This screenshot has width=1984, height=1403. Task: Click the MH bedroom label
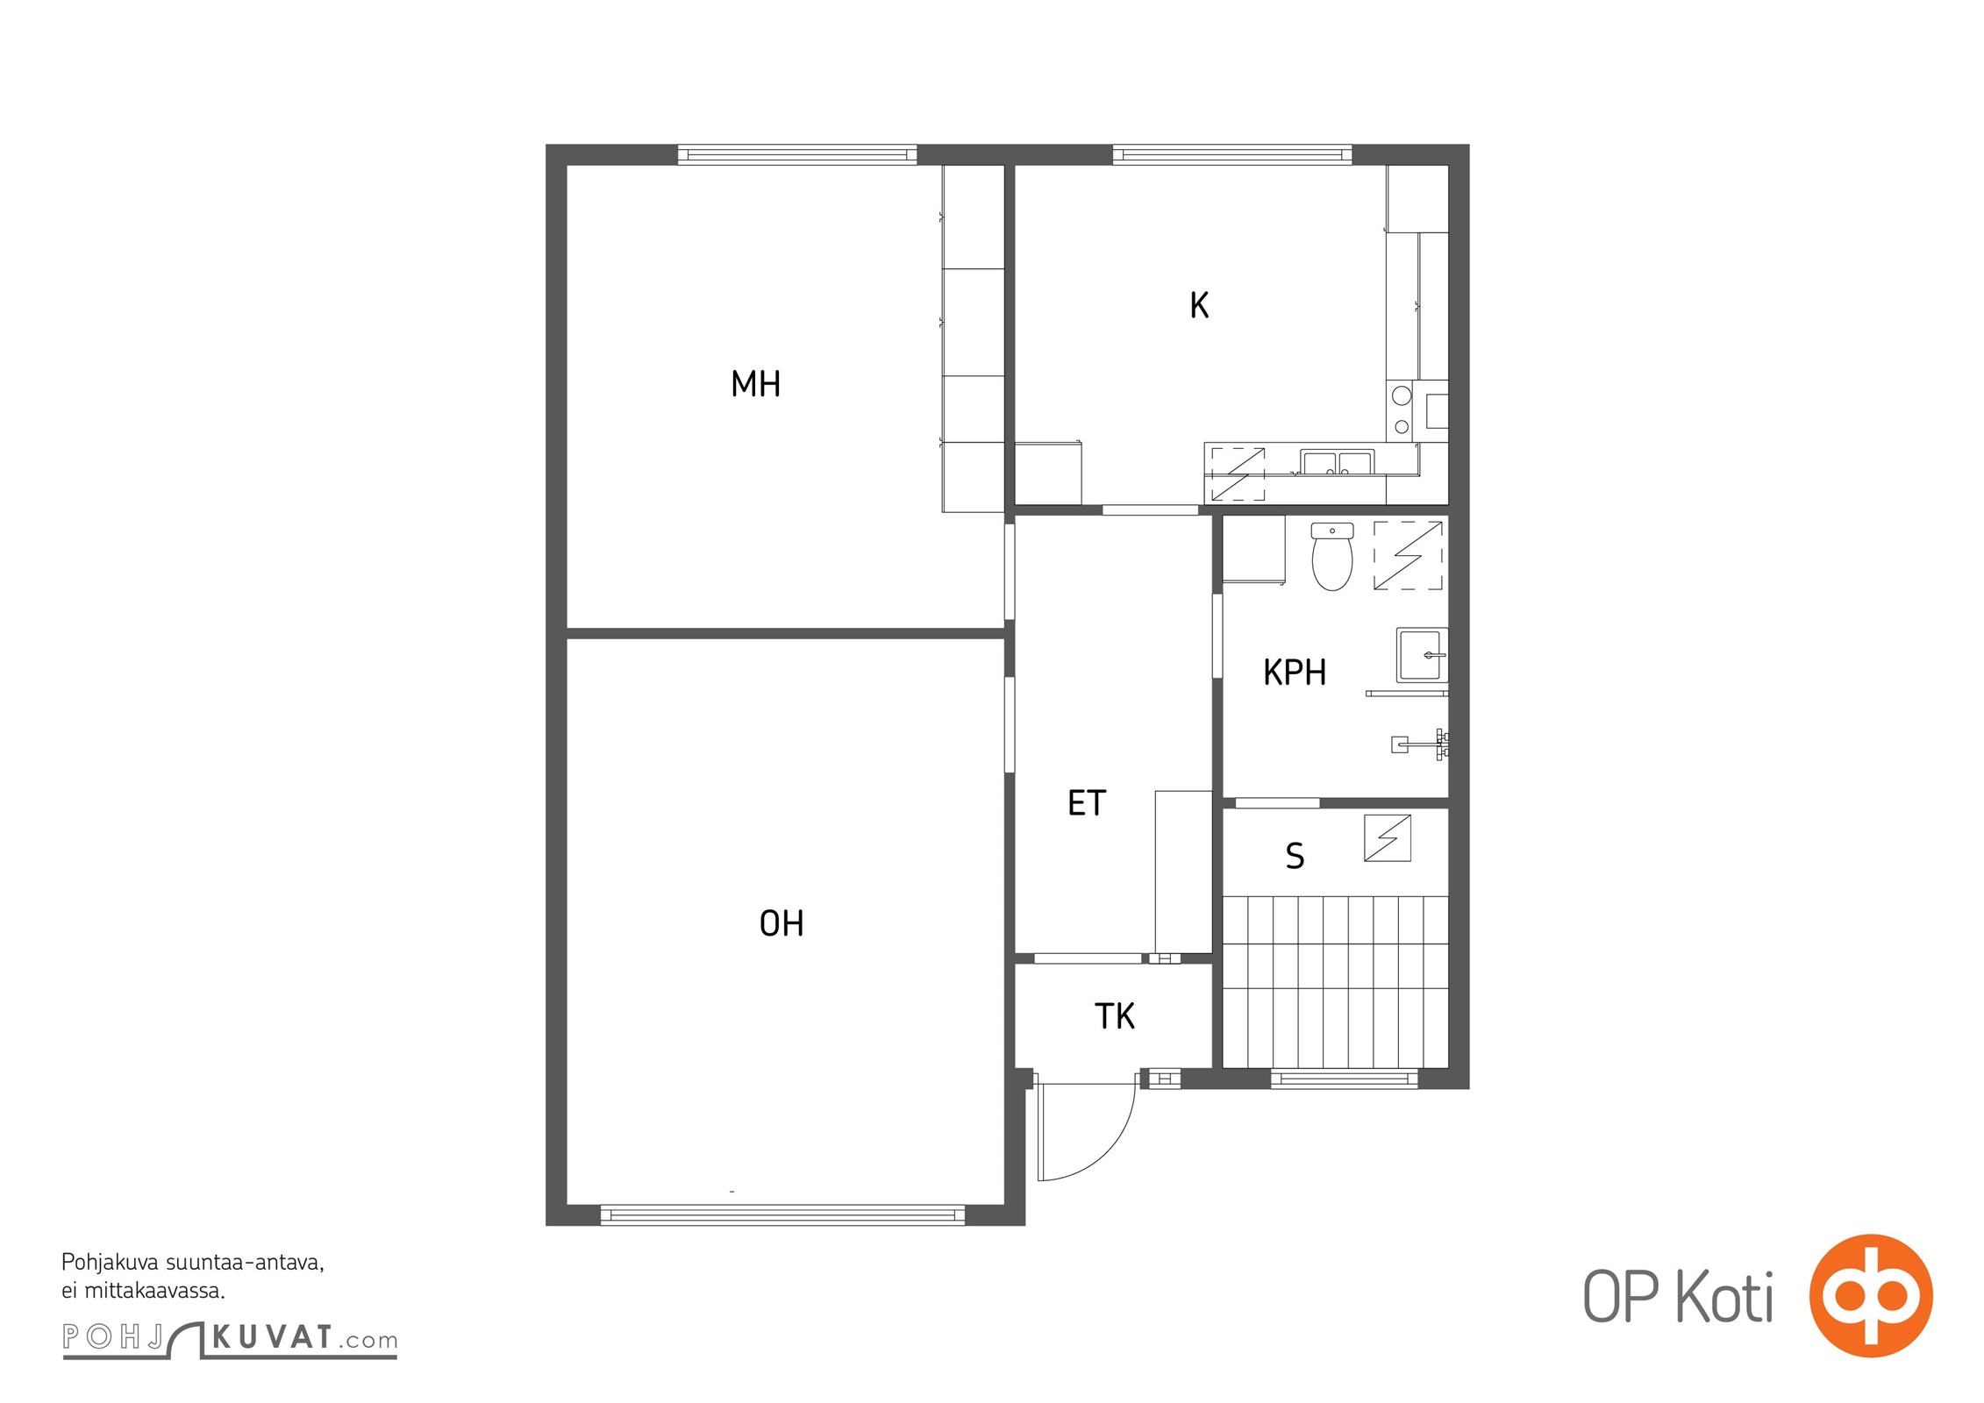point(755,384)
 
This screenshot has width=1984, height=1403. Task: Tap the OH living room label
point(781,923)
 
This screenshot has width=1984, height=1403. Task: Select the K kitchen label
point(1199,305)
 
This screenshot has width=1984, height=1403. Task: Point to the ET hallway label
point(1087,803)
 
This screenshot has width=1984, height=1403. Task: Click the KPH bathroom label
point(1295,673)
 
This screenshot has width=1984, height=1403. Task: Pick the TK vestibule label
point(1115,1016)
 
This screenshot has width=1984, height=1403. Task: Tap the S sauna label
point(1295,856)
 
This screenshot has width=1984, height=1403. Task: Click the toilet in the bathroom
point(1332,556)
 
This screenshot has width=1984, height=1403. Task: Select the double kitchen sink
point(1337,462)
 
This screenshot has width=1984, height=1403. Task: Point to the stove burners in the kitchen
point(1401,410)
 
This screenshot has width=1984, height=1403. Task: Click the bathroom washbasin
point(1422,655)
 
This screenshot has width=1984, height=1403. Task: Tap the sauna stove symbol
point(1388,837)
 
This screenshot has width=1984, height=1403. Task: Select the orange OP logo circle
point(1871,1295)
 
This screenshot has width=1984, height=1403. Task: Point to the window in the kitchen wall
point(1232,155)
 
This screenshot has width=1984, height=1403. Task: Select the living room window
point(782,1215)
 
